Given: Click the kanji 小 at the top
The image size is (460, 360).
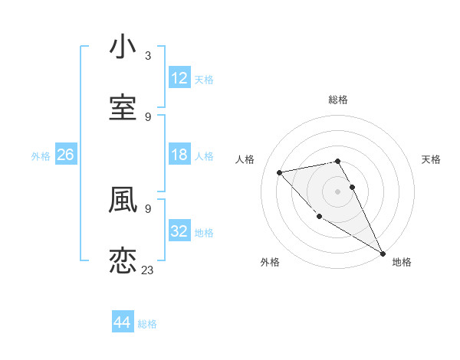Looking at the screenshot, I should coord(123,47).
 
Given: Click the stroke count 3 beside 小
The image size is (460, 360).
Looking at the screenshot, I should coord(148,56).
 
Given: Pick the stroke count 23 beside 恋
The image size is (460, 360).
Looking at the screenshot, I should coord(148,270).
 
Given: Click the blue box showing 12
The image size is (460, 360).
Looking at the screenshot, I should coord(179,78).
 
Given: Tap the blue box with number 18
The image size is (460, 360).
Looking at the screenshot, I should coord(179,155).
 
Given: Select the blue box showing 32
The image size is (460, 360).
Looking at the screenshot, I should coord(179,231).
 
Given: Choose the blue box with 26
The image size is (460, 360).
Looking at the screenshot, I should coord(66,155).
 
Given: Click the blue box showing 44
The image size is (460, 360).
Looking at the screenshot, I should coord(123,322).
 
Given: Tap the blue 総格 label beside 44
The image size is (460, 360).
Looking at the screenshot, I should coord(147,324).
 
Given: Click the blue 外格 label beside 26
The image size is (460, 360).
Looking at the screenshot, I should coord(41,156).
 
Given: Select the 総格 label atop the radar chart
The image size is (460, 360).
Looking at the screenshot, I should coord(338,100).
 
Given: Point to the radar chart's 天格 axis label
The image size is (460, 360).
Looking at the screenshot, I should coord(432,159).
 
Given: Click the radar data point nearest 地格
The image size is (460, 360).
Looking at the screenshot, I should coord(383,253).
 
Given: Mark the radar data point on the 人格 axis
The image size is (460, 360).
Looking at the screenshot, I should coord(280,172).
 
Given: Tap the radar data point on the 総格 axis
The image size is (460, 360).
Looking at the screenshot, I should coord(338,161).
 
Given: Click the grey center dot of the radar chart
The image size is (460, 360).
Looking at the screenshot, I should coord(338,191).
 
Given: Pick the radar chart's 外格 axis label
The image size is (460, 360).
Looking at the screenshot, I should coord(270,262).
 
